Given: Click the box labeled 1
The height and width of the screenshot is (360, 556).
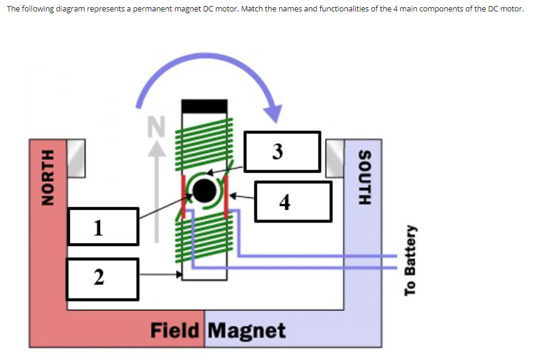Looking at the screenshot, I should pos(103,227).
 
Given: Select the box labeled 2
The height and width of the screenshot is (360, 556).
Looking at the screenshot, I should pos(103,278).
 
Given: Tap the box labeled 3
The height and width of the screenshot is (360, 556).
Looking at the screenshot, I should pos(282,151).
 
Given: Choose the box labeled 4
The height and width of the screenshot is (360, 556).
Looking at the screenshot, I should pos(292,201).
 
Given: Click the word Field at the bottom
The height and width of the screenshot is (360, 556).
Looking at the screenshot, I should pos(174,330).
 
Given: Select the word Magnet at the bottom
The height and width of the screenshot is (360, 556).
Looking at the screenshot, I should pos(247,330).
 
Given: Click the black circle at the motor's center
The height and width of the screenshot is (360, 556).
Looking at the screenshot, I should pos(204,191).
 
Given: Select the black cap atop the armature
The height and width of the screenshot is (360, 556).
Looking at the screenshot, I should pos(204,106).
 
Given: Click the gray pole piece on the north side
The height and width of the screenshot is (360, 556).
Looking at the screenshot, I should pos(76,158).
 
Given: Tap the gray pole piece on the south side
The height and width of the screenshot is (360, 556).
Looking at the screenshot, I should pos(335,158).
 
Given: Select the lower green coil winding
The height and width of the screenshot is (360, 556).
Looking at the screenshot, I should pos(204,241).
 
